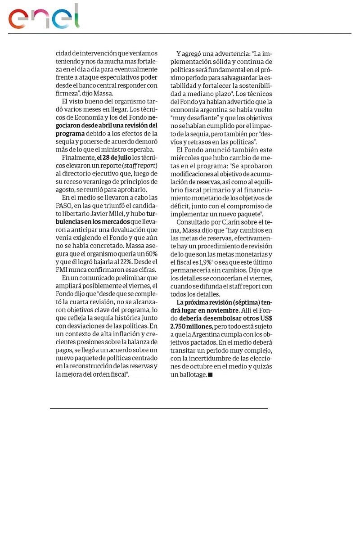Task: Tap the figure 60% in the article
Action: coord(149,253)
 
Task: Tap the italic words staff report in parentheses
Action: coord(138,166)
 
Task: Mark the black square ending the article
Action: coord(210,374)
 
